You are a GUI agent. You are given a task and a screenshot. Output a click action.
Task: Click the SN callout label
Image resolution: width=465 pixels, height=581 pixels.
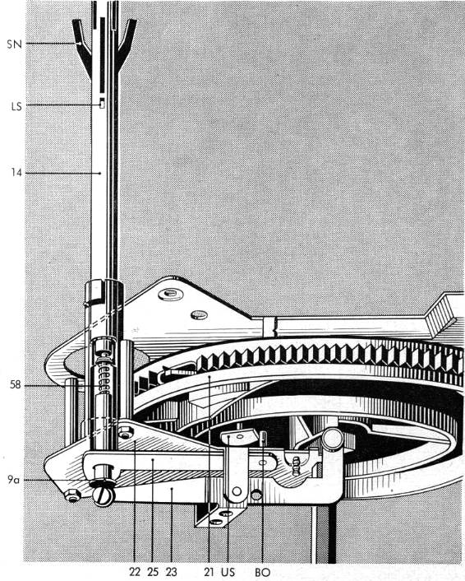(x=15, y=44)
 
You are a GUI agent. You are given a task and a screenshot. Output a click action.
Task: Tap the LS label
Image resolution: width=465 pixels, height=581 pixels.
(x=16, y=106)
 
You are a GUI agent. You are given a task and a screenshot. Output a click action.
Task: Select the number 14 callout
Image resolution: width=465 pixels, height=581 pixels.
(x=16, y=173)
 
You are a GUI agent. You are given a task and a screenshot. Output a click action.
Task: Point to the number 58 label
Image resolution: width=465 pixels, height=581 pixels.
(x=16, y=385)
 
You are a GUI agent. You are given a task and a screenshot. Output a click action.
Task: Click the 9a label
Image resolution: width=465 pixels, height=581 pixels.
(x=14, y=480)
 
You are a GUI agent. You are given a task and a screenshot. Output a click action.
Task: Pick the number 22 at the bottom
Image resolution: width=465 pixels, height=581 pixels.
(x=135, y=572)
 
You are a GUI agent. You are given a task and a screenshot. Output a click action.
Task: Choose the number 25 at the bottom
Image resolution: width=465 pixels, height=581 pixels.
(x=153, y=572)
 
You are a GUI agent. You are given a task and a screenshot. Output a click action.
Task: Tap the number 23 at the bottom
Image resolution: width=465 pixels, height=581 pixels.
(x=171, y=572)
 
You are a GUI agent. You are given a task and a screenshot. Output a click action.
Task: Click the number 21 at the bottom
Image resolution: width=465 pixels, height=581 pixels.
(x=209, y=572)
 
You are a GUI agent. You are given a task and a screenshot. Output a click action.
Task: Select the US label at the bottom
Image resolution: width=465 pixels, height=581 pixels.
(x=228, y=572)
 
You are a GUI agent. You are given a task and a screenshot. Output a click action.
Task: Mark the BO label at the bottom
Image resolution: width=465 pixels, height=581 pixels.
(x=263, y=572)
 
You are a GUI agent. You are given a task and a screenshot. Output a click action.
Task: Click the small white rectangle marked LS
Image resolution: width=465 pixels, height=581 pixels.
(x=102, y=105)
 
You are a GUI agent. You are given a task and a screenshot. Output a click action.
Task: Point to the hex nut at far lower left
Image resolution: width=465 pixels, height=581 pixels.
(x=73, y=495)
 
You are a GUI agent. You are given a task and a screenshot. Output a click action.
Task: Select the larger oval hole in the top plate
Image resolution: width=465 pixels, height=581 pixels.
(x=171, y=295)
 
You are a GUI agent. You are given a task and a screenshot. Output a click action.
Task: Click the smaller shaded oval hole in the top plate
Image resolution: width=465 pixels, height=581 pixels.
(x=199, y=315)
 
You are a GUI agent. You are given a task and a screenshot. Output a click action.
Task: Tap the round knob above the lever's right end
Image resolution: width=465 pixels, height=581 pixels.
(x=332, y=439)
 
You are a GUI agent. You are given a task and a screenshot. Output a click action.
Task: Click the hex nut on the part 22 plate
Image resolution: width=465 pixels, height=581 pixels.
(x=127, y=432)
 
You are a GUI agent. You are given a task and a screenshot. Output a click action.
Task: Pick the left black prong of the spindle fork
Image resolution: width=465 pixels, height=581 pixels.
(x=82, y=46)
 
